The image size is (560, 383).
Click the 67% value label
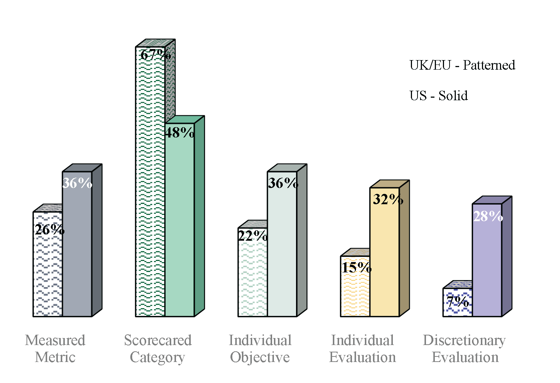(155, 55)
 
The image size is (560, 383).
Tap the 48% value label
(179, 132)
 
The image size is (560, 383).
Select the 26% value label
(49, 230)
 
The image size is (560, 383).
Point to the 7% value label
(458, 302)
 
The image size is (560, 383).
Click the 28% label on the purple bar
(488, 216)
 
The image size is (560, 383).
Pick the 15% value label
(356, 267)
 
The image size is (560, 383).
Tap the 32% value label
(388, 199)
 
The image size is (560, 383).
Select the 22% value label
(253, 236)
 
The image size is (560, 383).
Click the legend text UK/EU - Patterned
(462, 65)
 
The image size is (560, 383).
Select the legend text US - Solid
(439, 96)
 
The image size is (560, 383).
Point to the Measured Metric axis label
(55, 348)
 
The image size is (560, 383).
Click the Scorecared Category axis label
(158, 348)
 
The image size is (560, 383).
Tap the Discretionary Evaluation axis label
(465, 348)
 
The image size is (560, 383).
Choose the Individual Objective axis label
(260, 348)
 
